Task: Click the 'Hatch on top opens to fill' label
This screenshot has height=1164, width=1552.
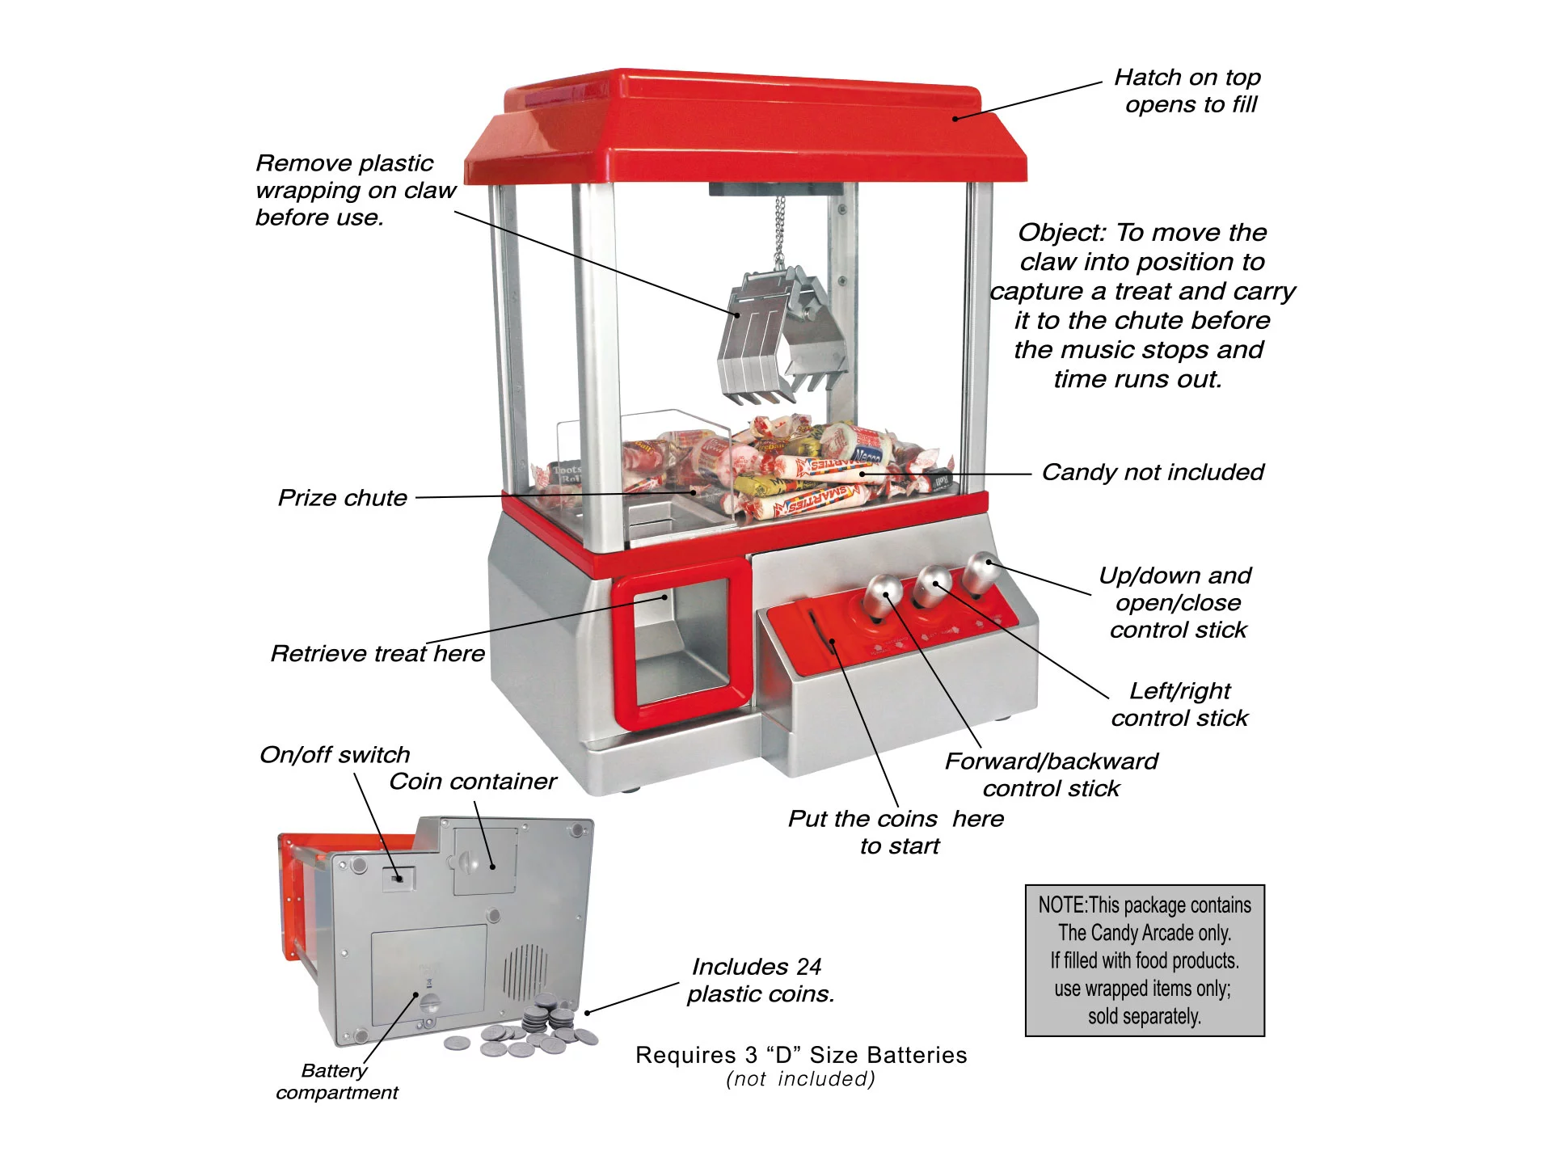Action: tap(1188, 91)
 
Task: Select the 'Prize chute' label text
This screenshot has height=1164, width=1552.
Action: tap(342, 498)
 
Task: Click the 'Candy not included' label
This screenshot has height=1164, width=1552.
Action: tap(1152, 473)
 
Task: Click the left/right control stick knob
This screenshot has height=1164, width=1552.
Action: tap(932, 584)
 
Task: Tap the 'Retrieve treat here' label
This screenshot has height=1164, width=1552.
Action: tap(377, 654)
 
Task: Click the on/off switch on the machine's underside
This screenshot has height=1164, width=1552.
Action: tap(396, 877)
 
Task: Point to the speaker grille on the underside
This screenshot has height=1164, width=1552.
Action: tap(525, 970)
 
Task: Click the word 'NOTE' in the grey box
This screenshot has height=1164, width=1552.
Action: tap(1061, 906)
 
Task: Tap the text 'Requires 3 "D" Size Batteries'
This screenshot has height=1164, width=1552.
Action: tap(800, 1056)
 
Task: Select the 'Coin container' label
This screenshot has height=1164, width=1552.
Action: tap(472, 782)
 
